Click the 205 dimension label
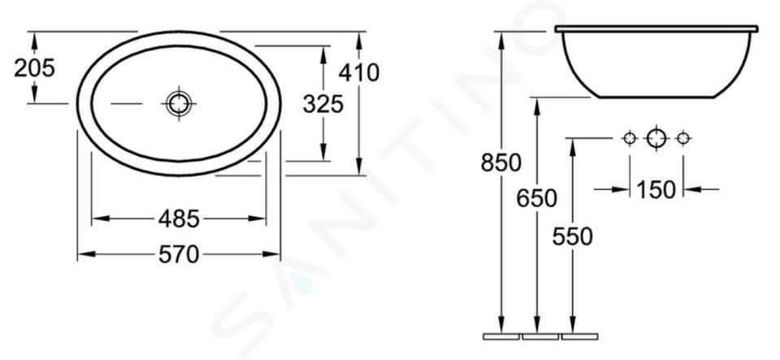click(x=34, y=67)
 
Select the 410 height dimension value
click(x=358, y=72)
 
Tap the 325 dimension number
click(x=323, y=104)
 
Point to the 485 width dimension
click(x=179, y=219)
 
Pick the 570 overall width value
click(x=179, y=254)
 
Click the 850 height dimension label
click(x=501, y=162)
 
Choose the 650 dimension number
click(x=537, y=198)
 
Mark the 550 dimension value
click(x=573, y=236)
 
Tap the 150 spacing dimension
click(x=656, y=189)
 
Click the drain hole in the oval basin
click(x=178, y=103)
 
